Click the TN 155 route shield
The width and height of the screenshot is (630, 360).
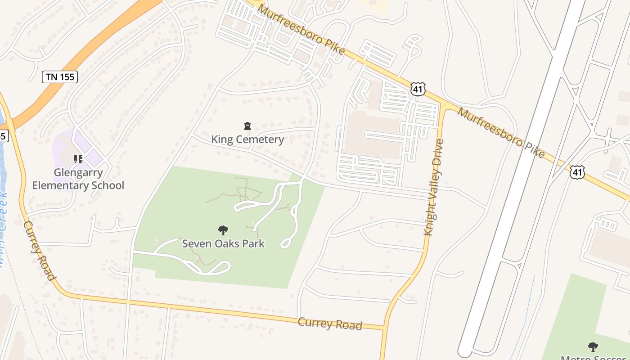point(60,77)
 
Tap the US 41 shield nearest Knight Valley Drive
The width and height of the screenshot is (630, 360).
point(418,89)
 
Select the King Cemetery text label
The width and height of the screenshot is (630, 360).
point(247,139)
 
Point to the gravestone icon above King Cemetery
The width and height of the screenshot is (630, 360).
point(247,126)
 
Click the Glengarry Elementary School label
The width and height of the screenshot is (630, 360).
point(78,179)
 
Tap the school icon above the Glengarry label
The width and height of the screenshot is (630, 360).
point(78,159)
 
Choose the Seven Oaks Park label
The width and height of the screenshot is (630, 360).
point(223,244)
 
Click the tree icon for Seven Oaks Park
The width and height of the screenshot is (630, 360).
point(223,231)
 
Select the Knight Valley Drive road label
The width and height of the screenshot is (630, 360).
point(434,187)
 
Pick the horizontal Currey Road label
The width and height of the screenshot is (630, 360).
point(330,324)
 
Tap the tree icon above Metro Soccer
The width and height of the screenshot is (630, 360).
point(593,346)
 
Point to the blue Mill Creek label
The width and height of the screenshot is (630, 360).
point(3,229)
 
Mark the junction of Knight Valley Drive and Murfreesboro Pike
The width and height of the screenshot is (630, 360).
point(445,108)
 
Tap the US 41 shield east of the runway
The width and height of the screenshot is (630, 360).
point(578,171)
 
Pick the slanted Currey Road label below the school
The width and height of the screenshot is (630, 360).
point(39,251)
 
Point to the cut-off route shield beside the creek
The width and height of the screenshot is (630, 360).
point(3,135)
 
